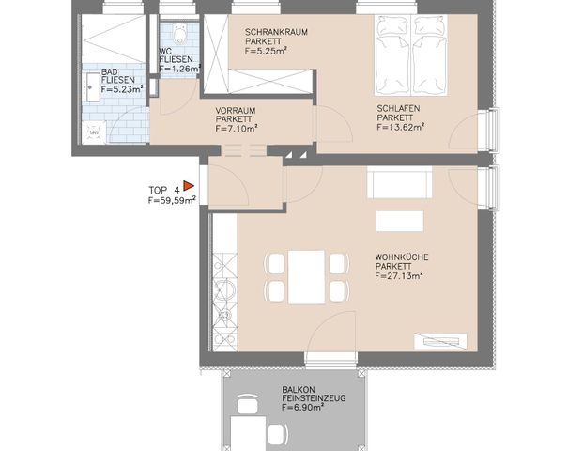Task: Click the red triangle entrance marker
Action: coord(188,187)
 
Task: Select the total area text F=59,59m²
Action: coord(170,200)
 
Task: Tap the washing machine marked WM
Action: coord(94,134)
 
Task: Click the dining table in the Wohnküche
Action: coord(306,276)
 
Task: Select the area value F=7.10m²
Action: coord(236,130)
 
